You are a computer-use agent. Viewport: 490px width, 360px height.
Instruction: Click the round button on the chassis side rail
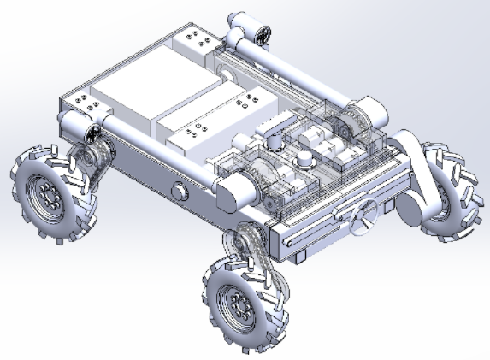click(179, 190)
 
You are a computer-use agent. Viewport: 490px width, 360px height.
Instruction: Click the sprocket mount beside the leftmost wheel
click(89, 158)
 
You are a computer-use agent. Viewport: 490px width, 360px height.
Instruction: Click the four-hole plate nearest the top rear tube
click(199, 40)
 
